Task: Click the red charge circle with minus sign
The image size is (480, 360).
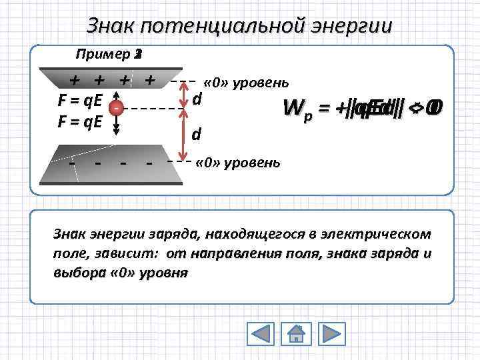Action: [116, 107]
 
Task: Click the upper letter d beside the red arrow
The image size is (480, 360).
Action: [197, 99]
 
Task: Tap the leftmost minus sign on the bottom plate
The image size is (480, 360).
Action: [71, 162]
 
